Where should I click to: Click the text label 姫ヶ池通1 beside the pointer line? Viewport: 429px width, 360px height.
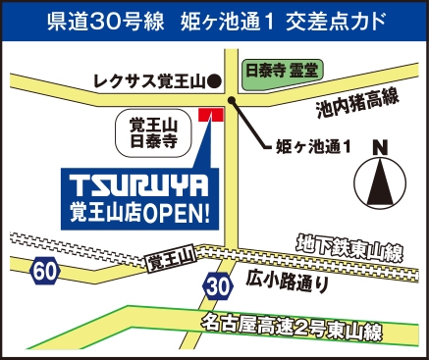[311, 148]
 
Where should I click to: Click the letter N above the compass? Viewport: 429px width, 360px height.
[378, 149]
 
